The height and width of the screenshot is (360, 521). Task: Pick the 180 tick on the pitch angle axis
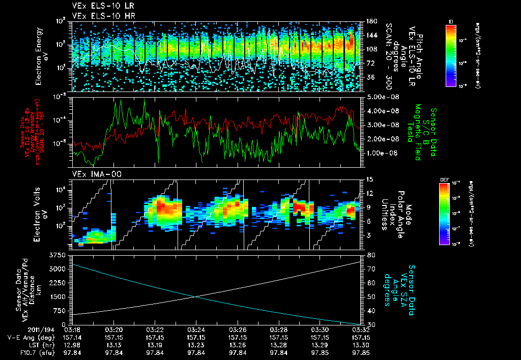coord(371,21)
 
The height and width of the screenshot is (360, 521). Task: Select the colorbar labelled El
coord(451,55)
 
